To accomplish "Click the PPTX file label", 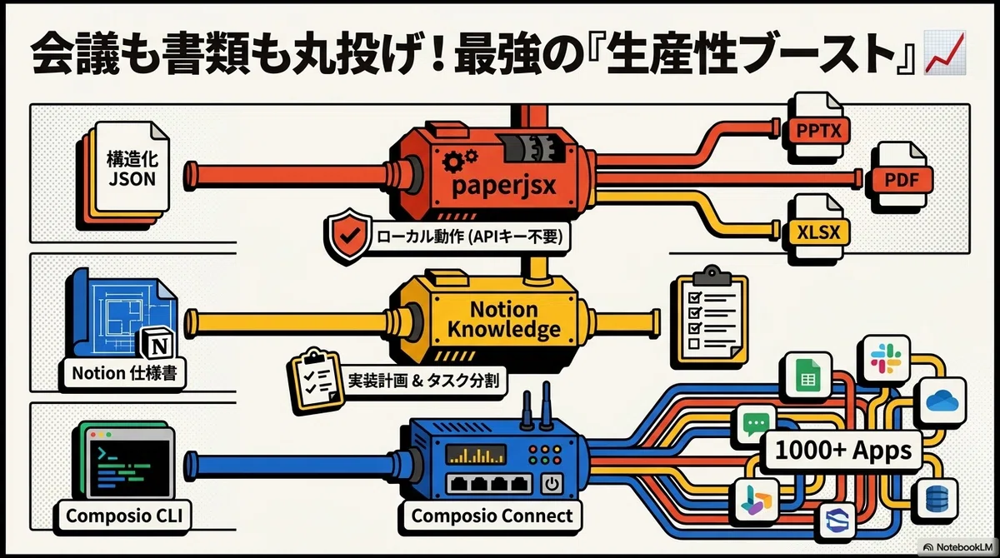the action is (818, 131).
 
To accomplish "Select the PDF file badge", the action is (902, 180).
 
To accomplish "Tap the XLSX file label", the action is (818, 232).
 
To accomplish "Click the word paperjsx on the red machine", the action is (503, 185).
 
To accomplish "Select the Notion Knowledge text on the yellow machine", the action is (503, 319).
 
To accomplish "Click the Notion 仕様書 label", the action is (124, 373).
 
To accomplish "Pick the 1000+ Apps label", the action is (843, 450).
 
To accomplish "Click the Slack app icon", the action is (886, 359).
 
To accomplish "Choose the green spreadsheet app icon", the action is (808, 375).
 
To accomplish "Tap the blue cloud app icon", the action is (942, 401).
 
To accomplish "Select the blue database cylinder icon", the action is (937, 500).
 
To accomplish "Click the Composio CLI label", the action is (123, 516).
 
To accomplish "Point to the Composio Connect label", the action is (492, 516).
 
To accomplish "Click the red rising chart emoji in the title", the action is (945, 52).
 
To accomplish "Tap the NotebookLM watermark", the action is (958, 547).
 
